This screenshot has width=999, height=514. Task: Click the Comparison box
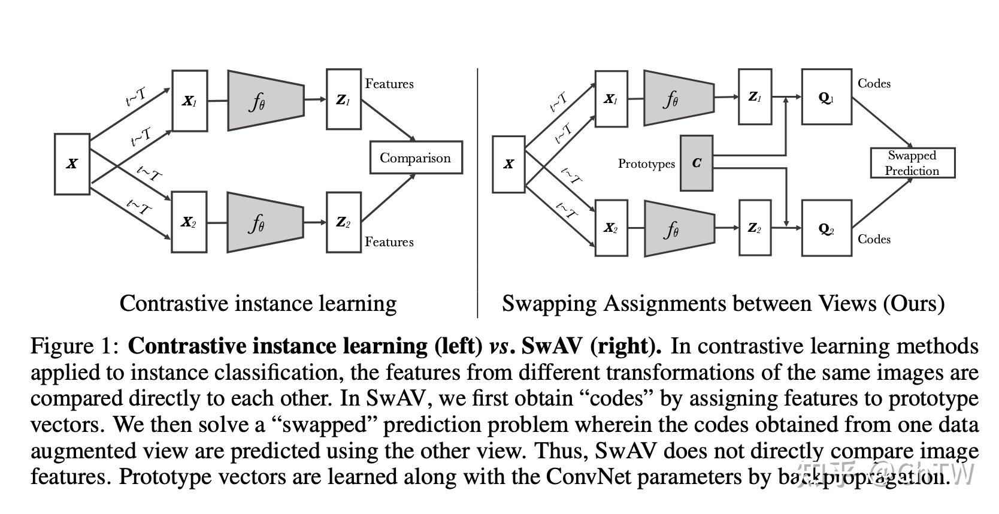416,158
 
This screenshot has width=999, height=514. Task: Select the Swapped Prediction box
913,163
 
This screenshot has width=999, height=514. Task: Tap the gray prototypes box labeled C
696,164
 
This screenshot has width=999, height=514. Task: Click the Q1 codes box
827,97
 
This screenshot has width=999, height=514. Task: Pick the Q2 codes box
827,228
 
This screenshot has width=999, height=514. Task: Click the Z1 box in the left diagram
343,99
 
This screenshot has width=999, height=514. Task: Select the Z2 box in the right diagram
755,228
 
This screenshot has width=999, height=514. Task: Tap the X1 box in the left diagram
189,101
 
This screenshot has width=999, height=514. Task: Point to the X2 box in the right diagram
611,228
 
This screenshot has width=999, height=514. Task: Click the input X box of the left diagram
72,164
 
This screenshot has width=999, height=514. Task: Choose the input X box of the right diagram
508,164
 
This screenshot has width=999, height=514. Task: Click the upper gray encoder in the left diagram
266,101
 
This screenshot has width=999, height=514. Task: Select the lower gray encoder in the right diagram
680,228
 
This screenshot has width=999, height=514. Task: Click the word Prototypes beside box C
646,164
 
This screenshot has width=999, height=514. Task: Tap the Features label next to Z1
389,84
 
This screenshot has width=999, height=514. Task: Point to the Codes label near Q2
874,239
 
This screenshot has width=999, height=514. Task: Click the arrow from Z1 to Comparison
388,120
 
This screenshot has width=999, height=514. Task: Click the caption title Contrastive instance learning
258,304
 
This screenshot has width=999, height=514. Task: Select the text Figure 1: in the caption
74,346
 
